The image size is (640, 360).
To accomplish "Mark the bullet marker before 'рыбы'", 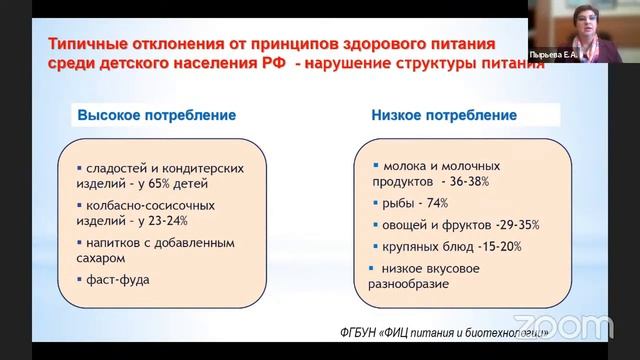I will (x=374, y=202).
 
